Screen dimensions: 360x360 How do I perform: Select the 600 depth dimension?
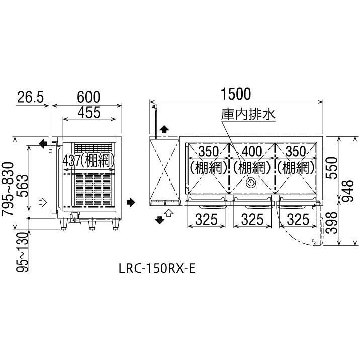pyautogui.click(x=88, y=96)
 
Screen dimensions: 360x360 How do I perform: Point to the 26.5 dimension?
pyautogui.click(x=31, y=96)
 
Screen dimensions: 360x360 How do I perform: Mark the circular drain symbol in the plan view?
pyautogui.click(x=250, y=184)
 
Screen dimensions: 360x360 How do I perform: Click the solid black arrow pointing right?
pyautogui.click(x=132, y=203)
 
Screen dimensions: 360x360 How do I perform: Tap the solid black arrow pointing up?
pyautogui.click(x=163, y=131)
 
